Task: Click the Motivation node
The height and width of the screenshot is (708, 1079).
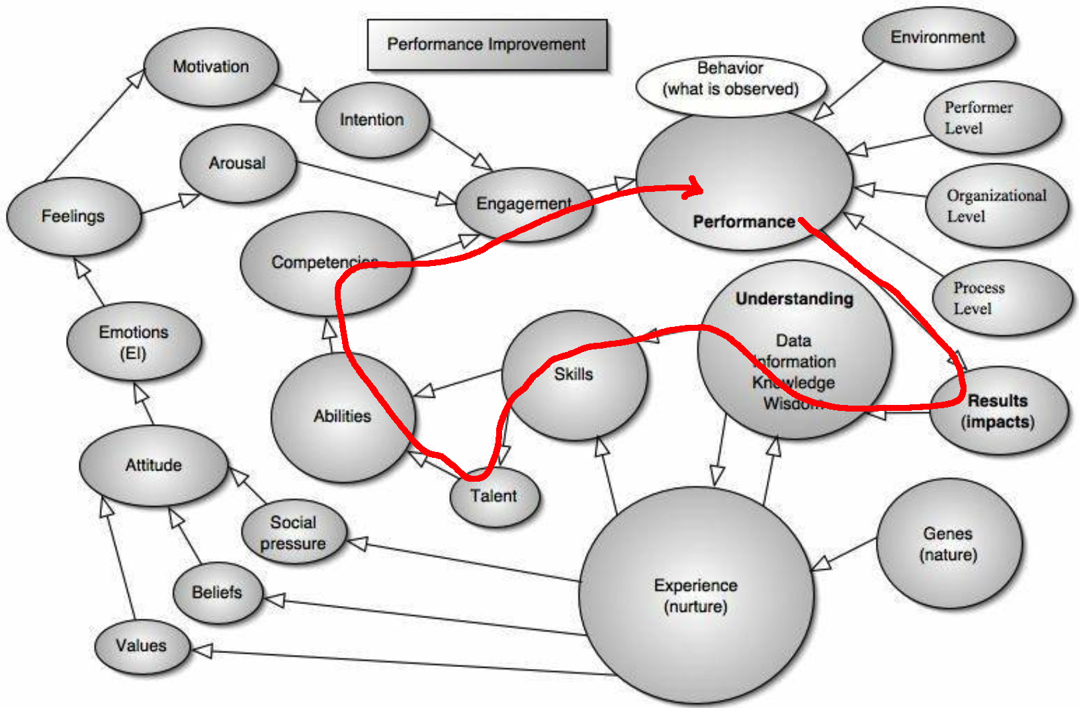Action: pyautogui.click(x=211, y=67)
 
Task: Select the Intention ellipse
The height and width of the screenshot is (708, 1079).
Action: pyautogui.click(x=372, y=120)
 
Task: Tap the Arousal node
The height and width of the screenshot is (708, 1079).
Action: pyautogui.click(x=237, y=163)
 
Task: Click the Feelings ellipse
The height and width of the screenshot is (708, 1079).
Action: pyautogui.click(x=73, y=216)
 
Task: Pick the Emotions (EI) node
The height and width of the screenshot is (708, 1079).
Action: pyautogui.click(x=134, y=341)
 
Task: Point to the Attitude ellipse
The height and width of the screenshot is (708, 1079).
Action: pyautogui.click(x=153, y=465)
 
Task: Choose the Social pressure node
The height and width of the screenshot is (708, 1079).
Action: pyautogui.click(x=293, y=532)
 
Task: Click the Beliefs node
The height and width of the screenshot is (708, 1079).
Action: pyautogui.click(x=217, y=592)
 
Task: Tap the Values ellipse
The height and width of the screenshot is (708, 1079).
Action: pyautogui.click(x=142, y=645)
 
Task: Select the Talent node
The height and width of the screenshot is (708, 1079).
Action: pyautogui.click(x=494, y=496)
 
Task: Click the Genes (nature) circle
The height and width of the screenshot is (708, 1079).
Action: pyautogui.click(x=948, y=543)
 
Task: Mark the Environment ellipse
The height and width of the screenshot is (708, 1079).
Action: pyautogui.click(x=937, y=38)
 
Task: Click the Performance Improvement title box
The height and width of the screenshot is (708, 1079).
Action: pyautogui.click(x=486, y=44)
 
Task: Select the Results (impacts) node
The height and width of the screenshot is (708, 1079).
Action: pyautogui.click(x=998, y=411)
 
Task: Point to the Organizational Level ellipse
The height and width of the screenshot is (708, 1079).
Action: pyautogui.click(x=996, y=206)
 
